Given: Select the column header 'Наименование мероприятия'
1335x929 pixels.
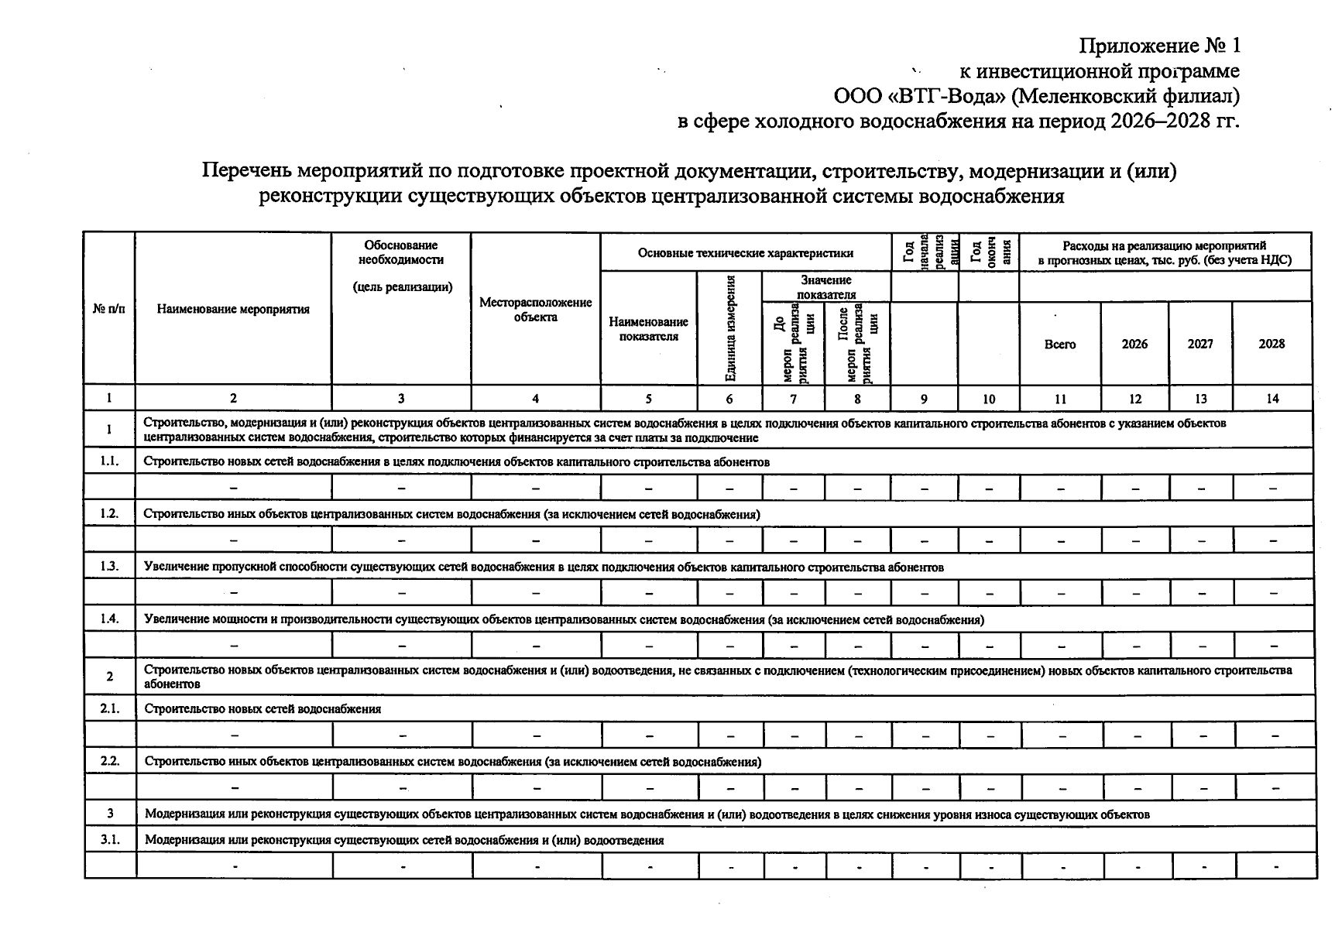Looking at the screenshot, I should (x=233, y=310).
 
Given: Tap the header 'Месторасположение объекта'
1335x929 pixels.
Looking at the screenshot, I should (x=535, y=310).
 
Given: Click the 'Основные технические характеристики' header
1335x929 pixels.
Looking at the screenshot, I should (x=746, y=253).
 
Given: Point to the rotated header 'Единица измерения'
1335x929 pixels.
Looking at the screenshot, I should (x=729, y=328).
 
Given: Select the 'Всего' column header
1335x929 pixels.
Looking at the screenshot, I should (x=1059, y=345).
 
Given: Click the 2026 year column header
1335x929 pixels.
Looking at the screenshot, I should (x=1134, y=345).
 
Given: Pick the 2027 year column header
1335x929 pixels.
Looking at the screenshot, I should (x=1200, y=345).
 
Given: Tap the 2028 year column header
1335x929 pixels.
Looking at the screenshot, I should (x=1272, y=345).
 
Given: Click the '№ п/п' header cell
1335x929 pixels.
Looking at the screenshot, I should (x=108, y=310).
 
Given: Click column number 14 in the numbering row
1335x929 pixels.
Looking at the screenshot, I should (x=1272, y=399).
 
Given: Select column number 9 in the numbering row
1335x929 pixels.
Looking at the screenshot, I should (x=924, y=399).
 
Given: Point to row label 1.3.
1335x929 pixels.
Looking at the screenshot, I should (x=109, y=566).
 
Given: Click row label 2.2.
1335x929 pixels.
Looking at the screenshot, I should (x=110, y=761).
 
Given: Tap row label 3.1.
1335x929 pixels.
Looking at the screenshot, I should (x=110, y=840).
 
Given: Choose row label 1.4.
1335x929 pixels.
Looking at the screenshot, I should (x=109, y=619).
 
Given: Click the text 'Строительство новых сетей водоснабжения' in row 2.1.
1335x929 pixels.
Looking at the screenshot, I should (x=263, y=708).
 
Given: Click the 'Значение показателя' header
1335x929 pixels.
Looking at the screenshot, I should (x=826, y=286).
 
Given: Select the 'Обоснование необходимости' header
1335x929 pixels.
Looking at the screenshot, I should (x=401, y=252).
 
